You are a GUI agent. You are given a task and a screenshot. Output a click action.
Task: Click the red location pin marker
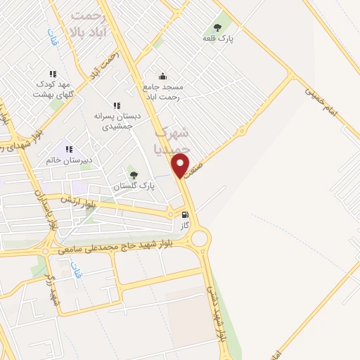click(181, 167)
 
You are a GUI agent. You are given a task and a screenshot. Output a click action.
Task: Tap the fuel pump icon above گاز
click(185, 215)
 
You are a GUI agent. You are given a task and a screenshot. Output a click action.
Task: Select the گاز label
click(185, 226)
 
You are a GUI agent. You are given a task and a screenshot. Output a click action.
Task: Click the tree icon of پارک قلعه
click(217, 28)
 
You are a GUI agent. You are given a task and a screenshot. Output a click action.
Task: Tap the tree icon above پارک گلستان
click(134, 175)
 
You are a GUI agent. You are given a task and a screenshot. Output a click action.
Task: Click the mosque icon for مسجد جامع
click(163, 77)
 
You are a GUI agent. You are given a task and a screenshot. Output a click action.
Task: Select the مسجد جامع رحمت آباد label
click(162, 92)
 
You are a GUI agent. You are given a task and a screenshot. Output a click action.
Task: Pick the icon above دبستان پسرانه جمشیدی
click(117, 105)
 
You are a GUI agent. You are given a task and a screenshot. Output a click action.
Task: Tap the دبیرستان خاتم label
click(71, 160)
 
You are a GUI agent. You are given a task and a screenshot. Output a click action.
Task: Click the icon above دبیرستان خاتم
click(69, 149)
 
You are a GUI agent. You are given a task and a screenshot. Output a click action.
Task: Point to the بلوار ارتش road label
click(77, 202)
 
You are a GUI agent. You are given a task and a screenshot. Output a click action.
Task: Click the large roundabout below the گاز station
click(200, 239)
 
